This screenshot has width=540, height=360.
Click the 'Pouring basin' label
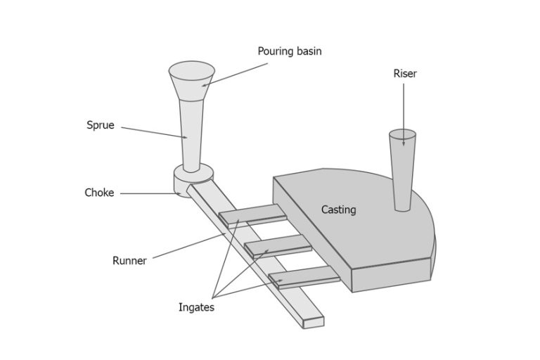pos(289,51)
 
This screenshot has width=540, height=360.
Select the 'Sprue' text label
pos(100,125)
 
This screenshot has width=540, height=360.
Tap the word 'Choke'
pos(99,193)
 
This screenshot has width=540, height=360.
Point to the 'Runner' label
pos(129,261)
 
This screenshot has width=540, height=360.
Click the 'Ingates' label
pos(196,307)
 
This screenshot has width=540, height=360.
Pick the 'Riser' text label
pos(404,73)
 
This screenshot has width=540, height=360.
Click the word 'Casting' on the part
pos(338,210)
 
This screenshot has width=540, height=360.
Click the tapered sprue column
pos(191,134)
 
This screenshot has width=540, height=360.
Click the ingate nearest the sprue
pos(252,215)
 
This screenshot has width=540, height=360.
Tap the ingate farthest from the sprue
pos(304,277)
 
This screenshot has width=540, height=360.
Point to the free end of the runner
pos(313,322)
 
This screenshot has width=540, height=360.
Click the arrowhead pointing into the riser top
pos(404,143)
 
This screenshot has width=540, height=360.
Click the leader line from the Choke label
pos(148,193)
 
